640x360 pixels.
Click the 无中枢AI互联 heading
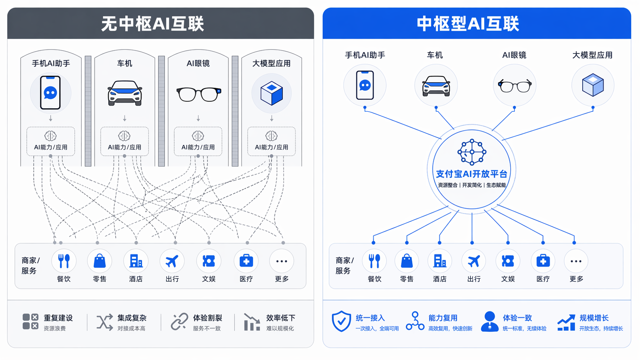(153, 24)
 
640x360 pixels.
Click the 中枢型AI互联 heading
(468, 24)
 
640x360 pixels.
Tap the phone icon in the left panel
(50, 93)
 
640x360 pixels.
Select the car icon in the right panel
(436, 86)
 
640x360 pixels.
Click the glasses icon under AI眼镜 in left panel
(199, 94)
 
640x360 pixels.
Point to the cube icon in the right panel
(593, 85)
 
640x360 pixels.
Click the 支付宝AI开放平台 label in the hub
(472, 174)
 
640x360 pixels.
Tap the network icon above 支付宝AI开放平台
(472, 152)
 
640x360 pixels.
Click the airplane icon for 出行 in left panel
(172, 261)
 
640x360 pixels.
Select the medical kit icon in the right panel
(543, 261)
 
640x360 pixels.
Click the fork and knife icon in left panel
(64, 261)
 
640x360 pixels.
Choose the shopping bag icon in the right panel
(407, 261)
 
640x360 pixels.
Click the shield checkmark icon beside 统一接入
(341, 321)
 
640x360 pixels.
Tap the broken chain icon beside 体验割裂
(180, 321)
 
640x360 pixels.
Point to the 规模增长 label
(594, 318)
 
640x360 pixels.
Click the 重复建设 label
(58, 318)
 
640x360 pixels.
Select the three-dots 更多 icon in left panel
(282, 261)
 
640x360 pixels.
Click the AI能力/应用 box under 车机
(124, 141)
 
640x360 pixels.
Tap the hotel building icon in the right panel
(440, 261)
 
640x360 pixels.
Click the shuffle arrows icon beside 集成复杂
(105, 323)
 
